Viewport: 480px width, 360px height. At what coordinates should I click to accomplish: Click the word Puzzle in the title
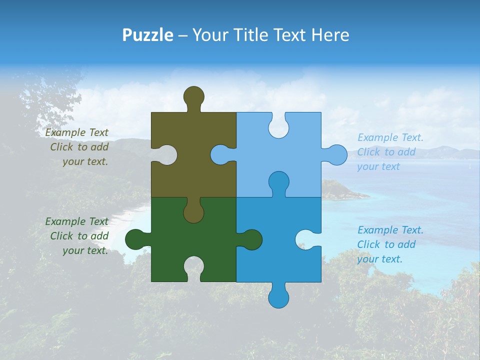click(147, 35)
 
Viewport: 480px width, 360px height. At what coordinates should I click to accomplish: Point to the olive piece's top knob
click(193, 96)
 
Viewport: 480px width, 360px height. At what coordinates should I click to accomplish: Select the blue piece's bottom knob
click(278, 297)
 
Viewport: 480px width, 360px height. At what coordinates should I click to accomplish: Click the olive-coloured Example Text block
click(77, 147)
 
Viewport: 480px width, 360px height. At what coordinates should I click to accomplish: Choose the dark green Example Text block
click(77, 236)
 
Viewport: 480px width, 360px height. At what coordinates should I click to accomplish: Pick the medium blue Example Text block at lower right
click(390, 244)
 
